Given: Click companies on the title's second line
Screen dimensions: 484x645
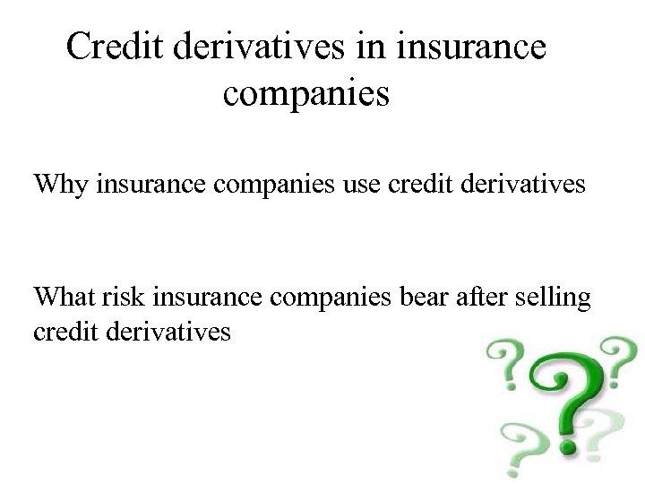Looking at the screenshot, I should tap(305, 92).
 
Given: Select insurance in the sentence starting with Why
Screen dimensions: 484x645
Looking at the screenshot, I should tap(147, 186).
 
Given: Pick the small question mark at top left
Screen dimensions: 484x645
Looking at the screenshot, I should tap(503, 364).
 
